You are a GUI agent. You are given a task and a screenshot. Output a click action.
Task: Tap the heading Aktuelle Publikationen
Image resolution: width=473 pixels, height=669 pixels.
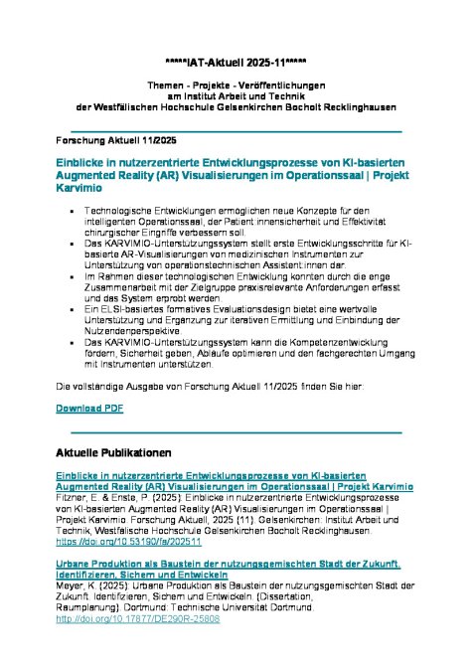point(115,453)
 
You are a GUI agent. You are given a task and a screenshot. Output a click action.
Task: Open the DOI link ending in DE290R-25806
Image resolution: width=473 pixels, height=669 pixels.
point(137,618)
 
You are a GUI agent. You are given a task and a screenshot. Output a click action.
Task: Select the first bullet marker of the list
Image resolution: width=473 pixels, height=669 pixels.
point(75,213)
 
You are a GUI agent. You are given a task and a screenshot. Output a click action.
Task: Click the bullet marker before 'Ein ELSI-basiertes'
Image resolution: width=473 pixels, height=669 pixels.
point(75,310)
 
